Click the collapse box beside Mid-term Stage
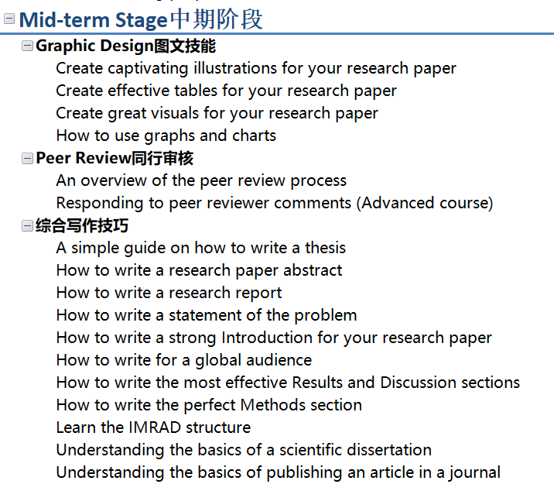click(x=9, y=19)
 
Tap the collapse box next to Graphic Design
click(x=27, y=46)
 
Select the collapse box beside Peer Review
click(x=27, y=159)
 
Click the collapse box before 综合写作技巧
click(x=27, y=226)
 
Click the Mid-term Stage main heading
click(x=141, y=19)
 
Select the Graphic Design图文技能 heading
click(x=126, y=46)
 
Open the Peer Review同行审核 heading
click(x=115, y=158)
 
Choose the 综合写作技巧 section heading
click(x=82, y=225)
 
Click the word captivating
click(x=148, y=69)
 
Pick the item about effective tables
click(x=226, y=91)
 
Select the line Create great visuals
click(x=217, y=114)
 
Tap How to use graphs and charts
click(x=166, y=136)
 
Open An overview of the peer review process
click(x=201, y=180)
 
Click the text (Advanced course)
click(x=425, y=204)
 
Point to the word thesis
click(x=326, y=248)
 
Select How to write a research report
click(x=169, y=293)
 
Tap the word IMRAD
click(x=155, y=427)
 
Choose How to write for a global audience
click(x=184, y=361)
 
